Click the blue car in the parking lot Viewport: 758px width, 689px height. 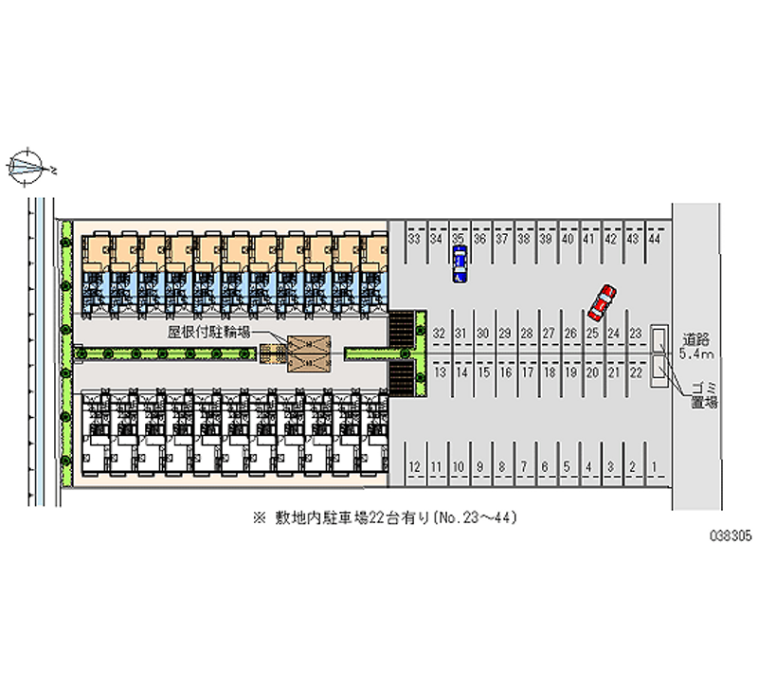[460, 263]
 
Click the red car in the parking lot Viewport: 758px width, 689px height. [602, 301]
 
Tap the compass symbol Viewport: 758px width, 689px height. [29, 168]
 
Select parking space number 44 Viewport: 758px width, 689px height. [654, 240]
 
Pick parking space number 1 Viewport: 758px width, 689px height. [655, 466]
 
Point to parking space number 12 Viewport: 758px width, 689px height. [414, 466]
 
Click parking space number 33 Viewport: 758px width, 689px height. [414, 240]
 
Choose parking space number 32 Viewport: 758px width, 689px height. [438, 334]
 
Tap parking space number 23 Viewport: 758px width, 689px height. [636, 334]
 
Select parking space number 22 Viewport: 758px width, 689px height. [636, 373]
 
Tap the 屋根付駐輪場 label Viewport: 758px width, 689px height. [208, 333]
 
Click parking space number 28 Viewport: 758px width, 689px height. [526, 334]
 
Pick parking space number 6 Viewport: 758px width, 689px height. [545, 466]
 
